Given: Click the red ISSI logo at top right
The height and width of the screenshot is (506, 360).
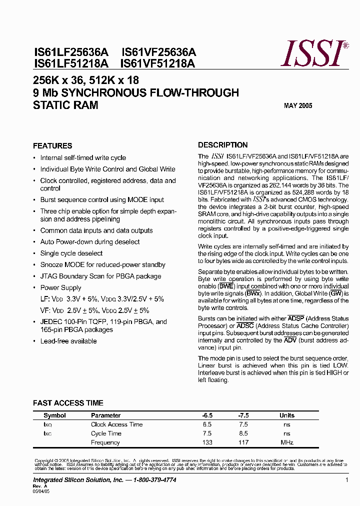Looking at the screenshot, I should click(314, 54).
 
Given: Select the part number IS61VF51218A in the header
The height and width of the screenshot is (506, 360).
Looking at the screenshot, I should click(157, 63).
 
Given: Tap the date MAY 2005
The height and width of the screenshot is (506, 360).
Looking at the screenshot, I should click(298, 106).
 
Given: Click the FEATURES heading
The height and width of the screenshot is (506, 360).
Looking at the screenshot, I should click(52, 146).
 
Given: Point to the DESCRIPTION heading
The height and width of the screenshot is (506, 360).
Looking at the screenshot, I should click(222, 145).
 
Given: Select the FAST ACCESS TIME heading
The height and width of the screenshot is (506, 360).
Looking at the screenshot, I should click(68, 403).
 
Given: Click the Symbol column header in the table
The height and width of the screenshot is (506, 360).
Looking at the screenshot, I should click(54, 415).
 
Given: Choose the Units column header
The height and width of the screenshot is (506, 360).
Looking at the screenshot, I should click(287, 415).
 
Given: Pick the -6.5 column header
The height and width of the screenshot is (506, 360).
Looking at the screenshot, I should click(207, 415).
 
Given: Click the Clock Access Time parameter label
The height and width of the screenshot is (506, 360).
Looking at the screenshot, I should click(116, 424).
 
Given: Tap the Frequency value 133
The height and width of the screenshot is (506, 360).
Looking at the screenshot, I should click(207, 442).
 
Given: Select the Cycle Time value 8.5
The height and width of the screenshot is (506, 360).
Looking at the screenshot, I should click(243, 433).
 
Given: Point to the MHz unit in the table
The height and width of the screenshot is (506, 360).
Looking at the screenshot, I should click(286, 442).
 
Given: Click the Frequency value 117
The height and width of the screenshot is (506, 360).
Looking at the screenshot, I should click(243, 442).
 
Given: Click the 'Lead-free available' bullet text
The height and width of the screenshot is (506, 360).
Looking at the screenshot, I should click(68, 341).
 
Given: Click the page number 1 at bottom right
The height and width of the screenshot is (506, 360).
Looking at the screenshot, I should click(346, 480).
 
